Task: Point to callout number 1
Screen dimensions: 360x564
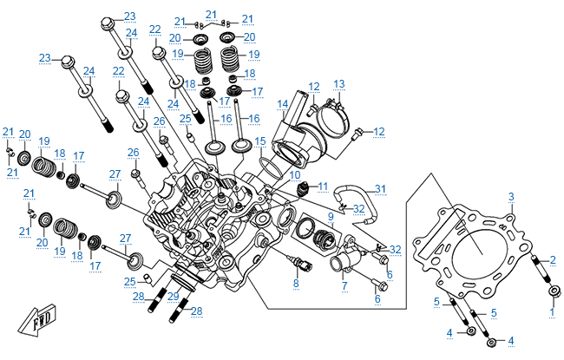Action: pyautogui.click(x=549, y=310)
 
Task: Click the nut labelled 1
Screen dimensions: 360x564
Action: pyautogui.click(x=554, y=291)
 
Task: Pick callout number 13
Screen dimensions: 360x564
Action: pyautogui.click(x=338, y=84)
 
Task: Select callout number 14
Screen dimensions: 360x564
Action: pyautogui.click(x=283, y=105)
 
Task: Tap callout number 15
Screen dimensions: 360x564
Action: pyautogui.click(x=259, y=141)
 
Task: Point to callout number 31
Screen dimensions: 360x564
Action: pyautogui.click(x=380, y=188)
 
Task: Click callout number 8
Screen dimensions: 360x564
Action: pyautogui.click(x=296, y=284)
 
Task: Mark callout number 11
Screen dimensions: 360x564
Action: pyautogui.click(x=322, y=186)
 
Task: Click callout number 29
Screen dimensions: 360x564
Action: pyautogui.click(x=173, y=297)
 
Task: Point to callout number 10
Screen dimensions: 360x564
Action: pyautogui.click(x=296, y=174)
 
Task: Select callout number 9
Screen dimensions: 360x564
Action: pyautogui.click(x=331, y=215)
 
